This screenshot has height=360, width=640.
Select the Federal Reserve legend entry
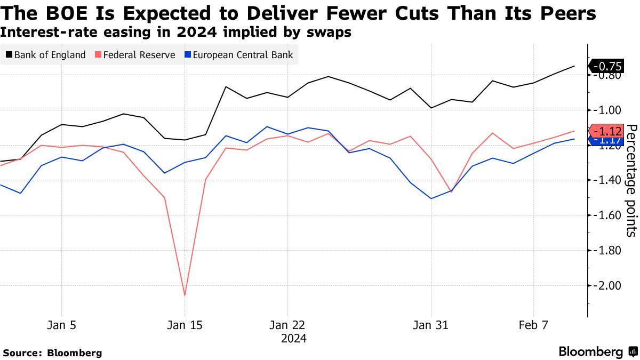[x=134, y=54]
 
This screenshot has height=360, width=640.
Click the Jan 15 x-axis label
[x=185, y=325]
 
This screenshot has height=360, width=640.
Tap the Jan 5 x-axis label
[x=62, y=325]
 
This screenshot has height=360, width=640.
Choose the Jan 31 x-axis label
[x=431, y=325]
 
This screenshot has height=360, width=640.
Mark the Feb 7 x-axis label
[x=534, y=325]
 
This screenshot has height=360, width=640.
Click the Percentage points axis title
[x=631, y=180]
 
